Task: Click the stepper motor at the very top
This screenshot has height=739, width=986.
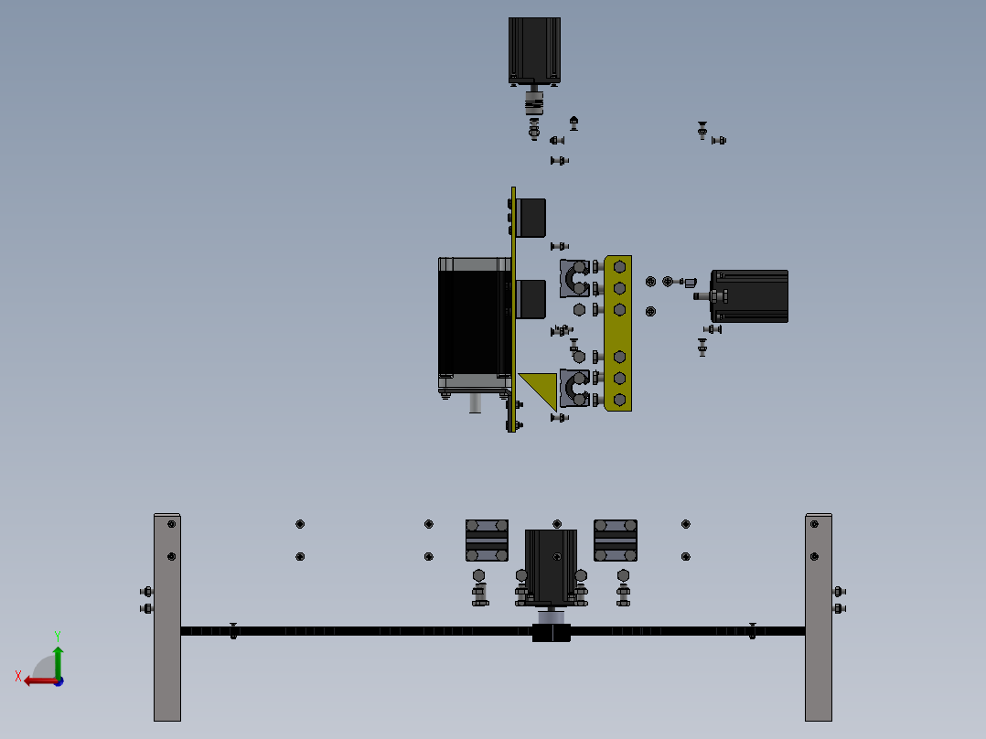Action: [x=534, y=50]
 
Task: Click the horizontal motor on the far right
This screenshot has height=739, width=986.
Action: [x=750, y=295]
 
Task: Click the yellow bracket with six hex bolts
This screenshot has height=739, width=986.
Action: [x=618, y=333]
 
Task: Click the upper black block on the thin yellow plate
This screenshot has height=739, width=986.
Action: [x=531, y=217]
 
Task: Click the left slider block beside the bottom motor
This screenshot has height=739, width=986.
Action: [x=487, y=540]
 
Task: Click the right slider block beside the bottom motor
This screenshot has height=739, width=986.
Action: [x=616, y=540]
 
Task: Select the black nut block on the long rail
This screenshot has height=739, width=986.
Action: [x=552, y=632]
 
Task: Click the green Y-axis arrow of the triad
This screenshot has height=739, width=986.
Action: [x=58, y=659]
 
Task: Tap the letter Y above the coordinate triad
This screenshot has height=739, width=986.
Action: [x=57, y=635]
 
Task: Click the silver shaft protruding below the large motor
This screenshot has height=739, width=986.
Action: [x=476, y=402]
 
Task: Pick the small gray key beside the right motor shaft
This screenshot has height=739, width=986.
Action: [x=691, y=283]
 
